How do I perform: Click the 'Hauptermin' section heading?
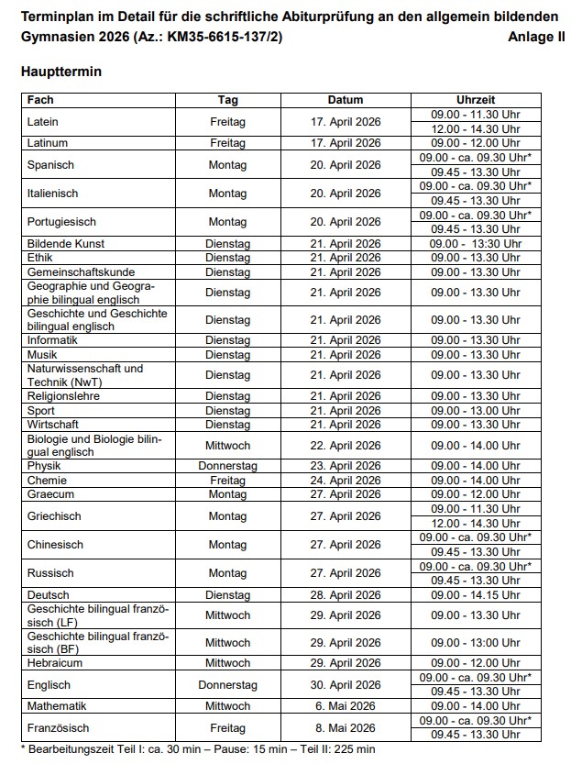coord(60,71)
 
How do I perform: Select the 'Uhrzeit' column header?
coord(475,100)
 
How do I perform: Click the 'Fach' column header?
coord(40,100)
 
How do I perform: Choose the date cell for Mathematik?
coord(345,706)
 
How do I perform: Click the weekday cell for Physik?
coord(227,466)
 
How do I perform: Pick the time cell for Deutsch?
coord(475,594)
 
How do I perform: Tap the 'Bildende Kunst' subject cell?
coord(66,244)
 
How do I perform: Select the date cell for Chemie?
coord(345,481)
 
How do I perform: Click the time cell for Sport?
coord(475,411)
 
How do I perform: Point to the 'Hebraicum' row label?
coord(55,663)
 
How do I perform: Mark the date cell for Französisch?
coord(345,728)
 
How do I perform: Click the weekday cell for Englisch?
coord(227,684)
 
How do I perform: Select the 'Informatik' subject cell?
coord(52,340)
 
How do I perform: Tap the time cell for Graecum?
coord(475,494)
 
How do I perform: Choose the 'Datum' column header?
coord(345,100)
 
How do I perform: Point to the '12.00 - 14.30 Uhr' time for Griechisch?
coord(475,524)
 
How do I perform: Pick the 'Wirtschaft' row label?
coord(53,425)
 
